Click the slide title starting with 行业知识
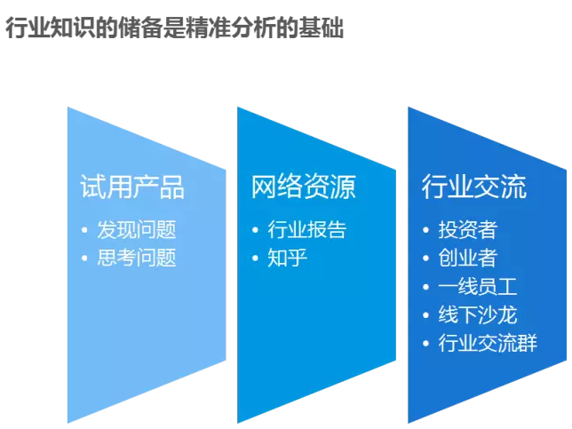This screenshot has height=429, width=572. point(175,28)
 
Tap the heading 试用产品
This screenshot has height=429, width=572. point(132,187)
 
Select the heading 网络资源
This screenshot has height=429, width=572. point(303,187)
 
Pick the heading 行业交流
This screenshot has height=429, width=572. point(474,187)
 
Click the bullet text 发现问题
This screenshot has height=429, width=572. point(137,230)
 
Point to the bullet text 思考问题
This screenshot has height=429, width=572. point(137,258)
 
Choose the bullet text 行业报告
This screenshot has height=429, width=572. point(306,230)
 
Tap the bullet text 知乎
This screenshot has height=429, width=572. point(287,258)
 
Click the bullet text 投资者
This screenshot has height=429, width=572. point(468,230)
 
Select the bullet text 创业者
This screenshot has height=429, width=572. point(468,258)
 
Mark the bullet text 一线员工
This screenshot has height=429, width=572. point(478,286)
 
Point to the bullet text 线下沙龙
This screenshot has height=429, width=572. point(478,314)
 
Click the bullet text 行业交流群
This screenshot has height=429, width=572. point(488,343)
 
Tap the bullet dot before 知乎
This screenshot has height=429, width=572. point(255,258)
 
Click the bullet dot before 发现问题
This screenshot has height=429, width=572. point(84,230)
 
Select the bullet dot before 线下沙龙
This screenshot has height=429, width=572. point(425,315)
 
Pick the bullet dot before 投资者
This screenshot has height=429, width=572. point(425,230)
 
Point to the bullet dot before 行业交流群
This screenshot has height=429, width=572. point(425,343)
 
